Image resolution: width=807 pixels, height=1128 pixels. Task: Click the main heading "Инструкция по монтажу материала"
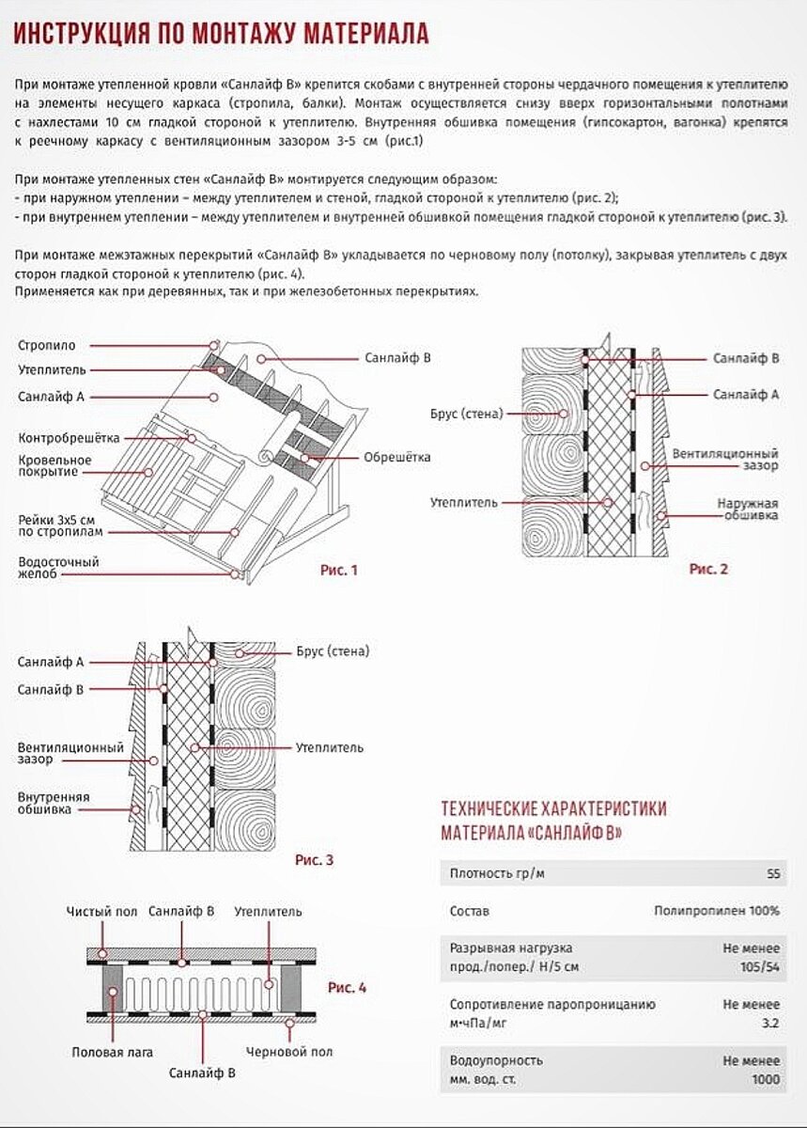(222, 36)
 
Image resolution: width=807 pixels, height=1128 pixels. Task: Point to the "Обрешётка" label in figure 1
(396, 458)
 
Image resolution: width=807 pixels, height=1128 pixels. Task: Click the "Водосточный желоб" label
(58, 568)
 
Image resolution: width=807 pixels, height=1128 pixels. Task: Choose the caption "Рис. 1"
(337, 570)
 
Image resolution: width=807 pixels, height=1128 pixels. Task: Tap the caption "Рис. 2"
(708, 569)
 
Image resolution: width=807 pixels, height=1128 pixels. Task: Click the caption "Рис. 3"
(314, 859)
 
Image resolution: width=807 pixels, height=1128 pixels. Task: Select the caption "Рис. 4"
(347, 988)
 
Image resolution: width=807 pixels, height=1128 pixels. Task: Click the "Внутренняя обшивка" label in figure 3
(54, 803)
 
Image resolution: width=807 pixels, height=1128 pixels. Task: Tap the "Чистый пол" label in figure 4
(101, 912)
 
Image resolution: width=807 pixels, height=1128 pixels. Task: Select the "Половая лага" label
(112, 1052)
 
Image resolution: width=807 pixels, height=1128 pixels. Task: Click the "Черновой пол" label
(288, 1052)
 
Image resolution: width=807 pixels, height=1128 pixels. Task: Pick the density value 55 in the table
(772, 874)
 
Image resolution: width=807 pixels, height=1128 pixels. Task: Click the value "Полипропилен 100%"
(717, 911)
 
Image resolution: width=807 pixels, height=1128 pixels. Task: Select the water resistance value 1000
(765, 1079)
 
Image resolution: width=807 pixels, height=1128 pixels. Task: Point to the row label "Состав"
(470, 911)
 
